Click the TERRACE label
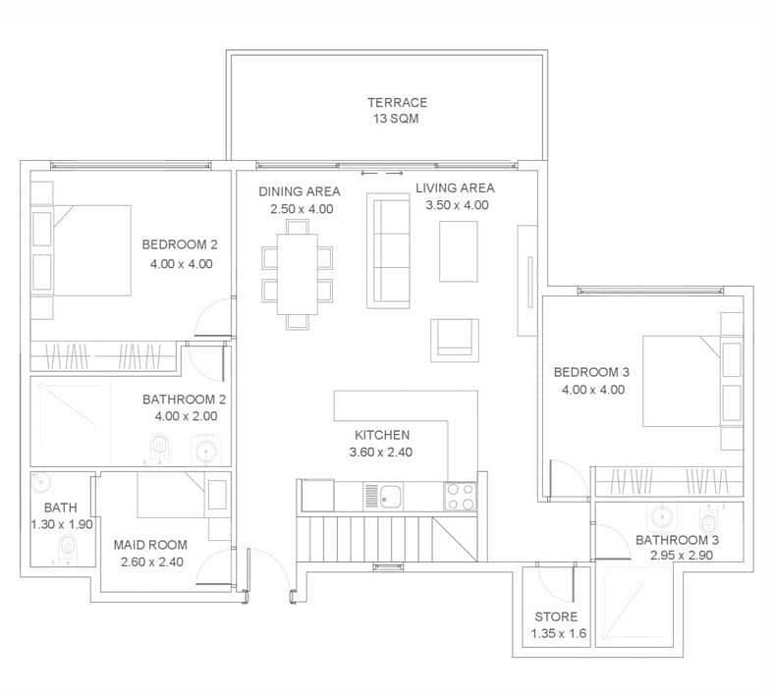point(398,102)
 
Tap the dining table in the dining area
point(298,274)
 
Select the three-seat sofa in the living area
point(389,250)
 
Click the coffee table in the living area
point(459,251)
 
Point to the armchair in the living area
point(455,341)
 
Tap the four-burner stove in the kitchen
point(461,497)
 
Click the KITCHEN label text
point(382,435)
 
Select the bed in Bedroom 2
point(91,250)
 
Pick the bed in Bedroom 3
point(682,381)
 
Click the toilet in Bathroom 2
point(159,447)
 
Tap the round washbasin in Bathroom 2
point(206,450)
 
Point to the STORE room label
point(556,616)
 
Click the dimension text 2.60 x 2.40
point(152,562)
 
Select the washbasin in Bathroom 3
point(662,517)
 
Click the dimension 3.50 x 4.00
point(457,205)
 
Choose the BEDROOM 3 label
point(591,372)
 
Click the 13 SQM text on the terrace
point(396,119)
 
